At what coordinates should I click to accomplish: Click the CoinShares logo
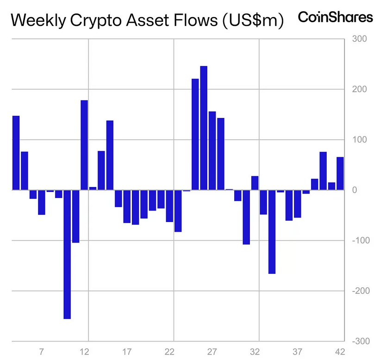[335, 18]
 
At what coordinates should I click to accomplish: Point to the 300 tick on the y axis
[360, 38]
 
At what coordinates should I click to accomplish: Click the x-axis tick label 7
[42, 351]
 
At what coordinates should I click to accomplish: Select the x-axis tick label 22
[169, 351]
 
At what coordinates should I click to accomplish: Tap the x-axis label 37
[297, 351]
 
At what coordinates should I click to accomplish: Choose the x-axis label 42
[339, 351]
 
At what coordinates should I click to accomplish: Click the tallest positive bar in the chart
[204, 128]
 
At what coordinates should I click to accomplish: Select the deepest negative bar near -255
[67, 254]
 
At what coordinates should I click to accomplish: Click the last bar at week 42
[340, 174]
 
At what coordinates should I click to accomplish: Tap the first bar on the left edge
[16, 153]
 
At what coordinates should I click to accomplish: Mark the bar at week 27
[212, 150]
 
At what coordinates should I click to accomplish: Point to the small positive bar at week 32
[255, 183]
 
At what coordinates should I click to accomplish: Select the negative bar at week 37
[298, 204]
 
